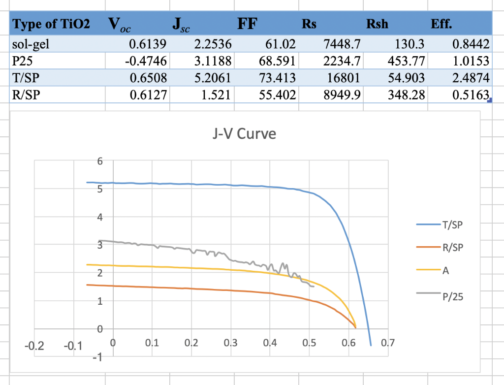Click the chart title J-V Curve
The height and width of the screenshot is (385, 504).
click(x=244, y=134)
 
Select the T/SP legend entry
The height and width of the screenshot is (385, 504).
click(x=453, y=225)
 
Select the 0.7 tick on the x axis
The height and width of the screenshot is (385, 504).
click(x=388, y=343)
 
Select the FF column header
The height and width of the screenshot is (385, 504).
click(x=247, y=24)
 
